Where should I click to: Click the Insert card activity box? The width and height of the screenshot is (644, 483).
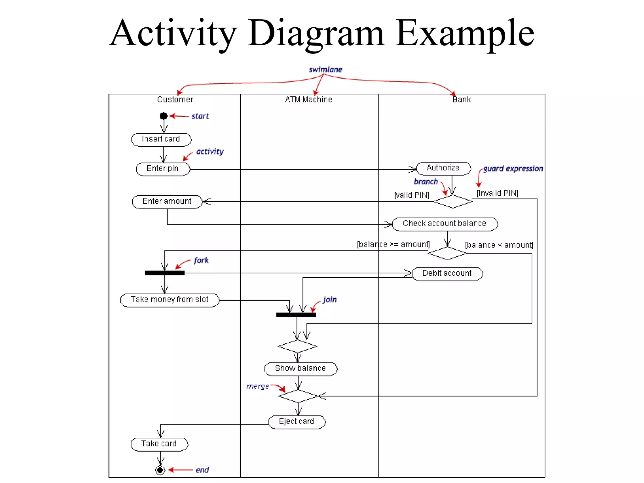coord(161,139)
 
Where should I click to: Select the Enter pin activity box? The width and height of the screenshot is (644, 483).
coord(163,169)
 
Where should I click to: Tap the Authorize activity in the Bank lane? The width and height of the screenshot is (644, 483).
coord(443,168)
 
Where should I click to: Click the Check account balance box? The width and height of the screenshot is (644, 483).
coord(445,224)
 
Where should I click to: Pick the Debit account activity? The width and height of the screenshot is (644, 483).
coord(447,274)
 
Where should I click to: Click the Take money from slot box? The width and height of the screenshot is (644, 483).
coord(169,300)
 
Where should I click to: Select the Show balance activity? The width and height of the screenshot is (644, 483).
coord(300,369)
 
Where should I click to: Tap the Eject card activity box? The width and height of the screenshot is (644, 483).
coord(297,422)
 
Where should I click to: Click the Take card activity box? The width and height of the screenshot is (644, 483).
coord(159,444)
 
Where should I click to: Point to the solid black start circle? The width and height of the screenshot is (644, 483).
coord(164,116)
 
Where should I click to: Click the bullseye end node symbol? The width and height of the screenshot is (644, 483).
coord(160,470)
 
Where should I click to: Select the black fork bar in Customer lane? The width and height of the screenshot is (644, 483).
coord(164,273)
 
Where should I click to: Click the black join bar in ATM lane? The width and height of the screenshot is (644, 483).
coord(296,315)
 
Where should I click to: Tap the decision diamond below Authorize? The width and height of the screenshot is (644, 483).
coord(453,201)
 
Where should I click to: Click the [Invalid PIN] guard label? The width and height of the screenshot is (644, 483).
coord(497,193)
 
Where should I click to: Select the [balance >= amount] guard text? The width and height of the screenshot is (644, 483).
coord(393,245)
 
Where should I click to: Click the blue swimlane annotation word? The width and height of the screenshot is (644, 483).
coord(325,70)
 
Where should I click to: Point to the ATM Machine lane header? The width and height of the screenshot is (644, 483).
coord(308,100)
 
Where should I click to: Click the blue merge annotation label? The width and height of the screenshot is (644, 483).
coord(258,386)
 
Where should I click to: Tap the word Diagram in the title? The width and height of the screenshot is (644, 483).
coord(316,33)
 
